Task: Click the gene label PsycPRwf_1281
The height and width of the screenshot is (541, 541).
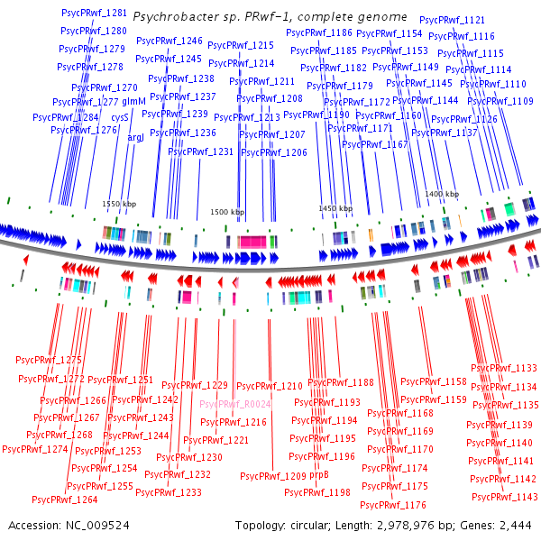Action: (93, 14)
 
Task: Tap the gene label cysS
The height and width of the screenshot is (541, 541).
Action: (119, 117)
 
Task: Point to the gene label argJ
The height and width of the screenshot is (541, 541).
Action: (136, 138)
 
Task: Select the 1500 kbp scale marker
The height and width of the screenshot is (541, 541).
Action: (227, 212)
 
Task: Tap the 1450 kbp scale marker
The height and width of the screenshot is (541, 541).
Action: (334, 208)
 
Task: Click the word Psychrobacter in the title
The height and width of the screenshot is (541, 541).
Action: (171, 17)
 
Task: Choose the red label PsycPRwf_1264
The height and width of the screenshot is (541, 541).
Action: (64, 500)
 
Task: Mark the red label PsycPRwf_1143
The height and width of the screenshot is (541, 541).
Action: (504, 497)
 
